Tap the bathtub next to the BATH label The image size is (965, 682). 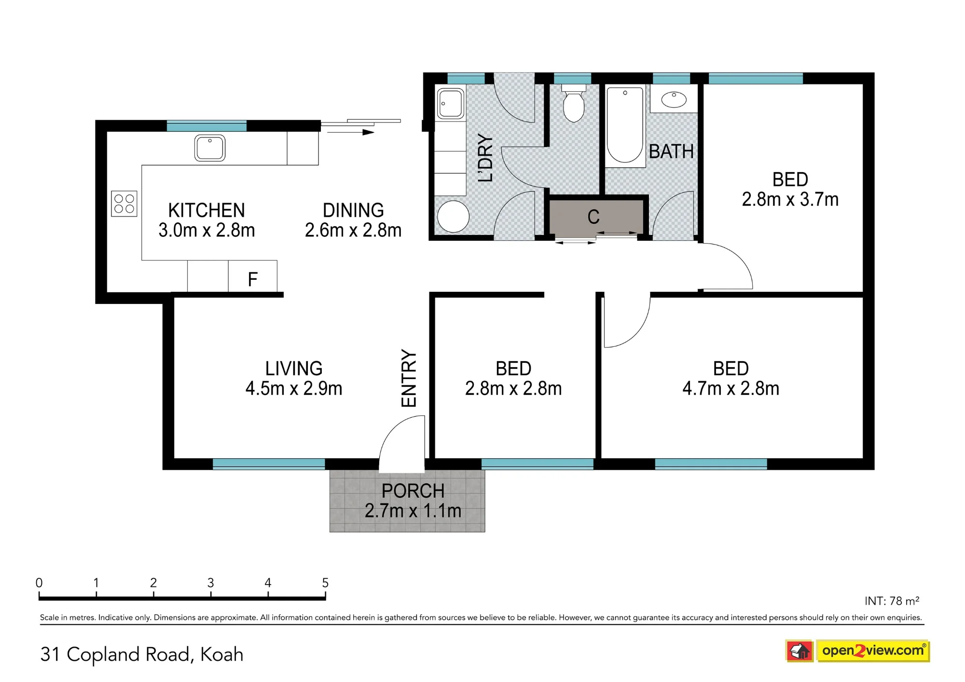pyautogui.click(x=625, y=125)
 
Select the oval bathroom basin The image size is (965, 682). pyautogui.click(x=674, y=99)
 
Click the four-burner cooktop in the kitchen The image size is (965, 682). pyautogui.click(x=124, y=204)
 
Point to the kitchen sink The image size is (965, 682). pyautogui.click(x=210, y=148)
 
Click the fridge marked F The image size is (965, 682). pyautogui.click(x=252, y=276)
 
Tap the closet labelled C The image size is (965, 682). pyautogui.click(x=596, y=217)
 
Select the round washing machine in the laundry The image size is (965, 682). pyautogui.click(x=453, y=216)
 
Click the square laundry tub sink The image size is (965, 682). pyautogui.click(x=450, y=103)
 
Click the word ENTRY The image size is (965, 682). pyautogui.click(x=409, y=378)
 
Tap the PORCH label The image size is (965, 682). pyautogui.click(x=413, y=491)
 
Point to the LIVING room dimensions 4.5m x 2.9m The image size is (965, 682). pyautogui.click(x=294, y=388)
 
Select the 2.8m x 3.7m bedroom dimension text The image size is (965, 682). pyautogui.click(x=790, y=199)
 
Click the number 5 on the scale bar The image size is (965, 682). pyautogui.click(x=325, y=583)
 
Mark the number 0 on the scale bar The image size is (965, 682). pyautogui.click(x=39, y=583)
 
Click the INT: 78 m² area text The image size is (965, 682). pyautogui.click(x=892, y=601)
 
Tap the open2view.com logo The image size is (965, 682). pyautogui.click(x=857, y=651)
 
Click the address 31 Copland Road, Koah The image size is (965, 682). pyautogui.click(x=142, y=655)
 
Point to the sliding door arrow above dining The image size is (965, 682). pyautogui.click(x=351, y=132)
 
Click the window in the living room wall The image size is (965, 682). pyautogui.click(x=269, y=464)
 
